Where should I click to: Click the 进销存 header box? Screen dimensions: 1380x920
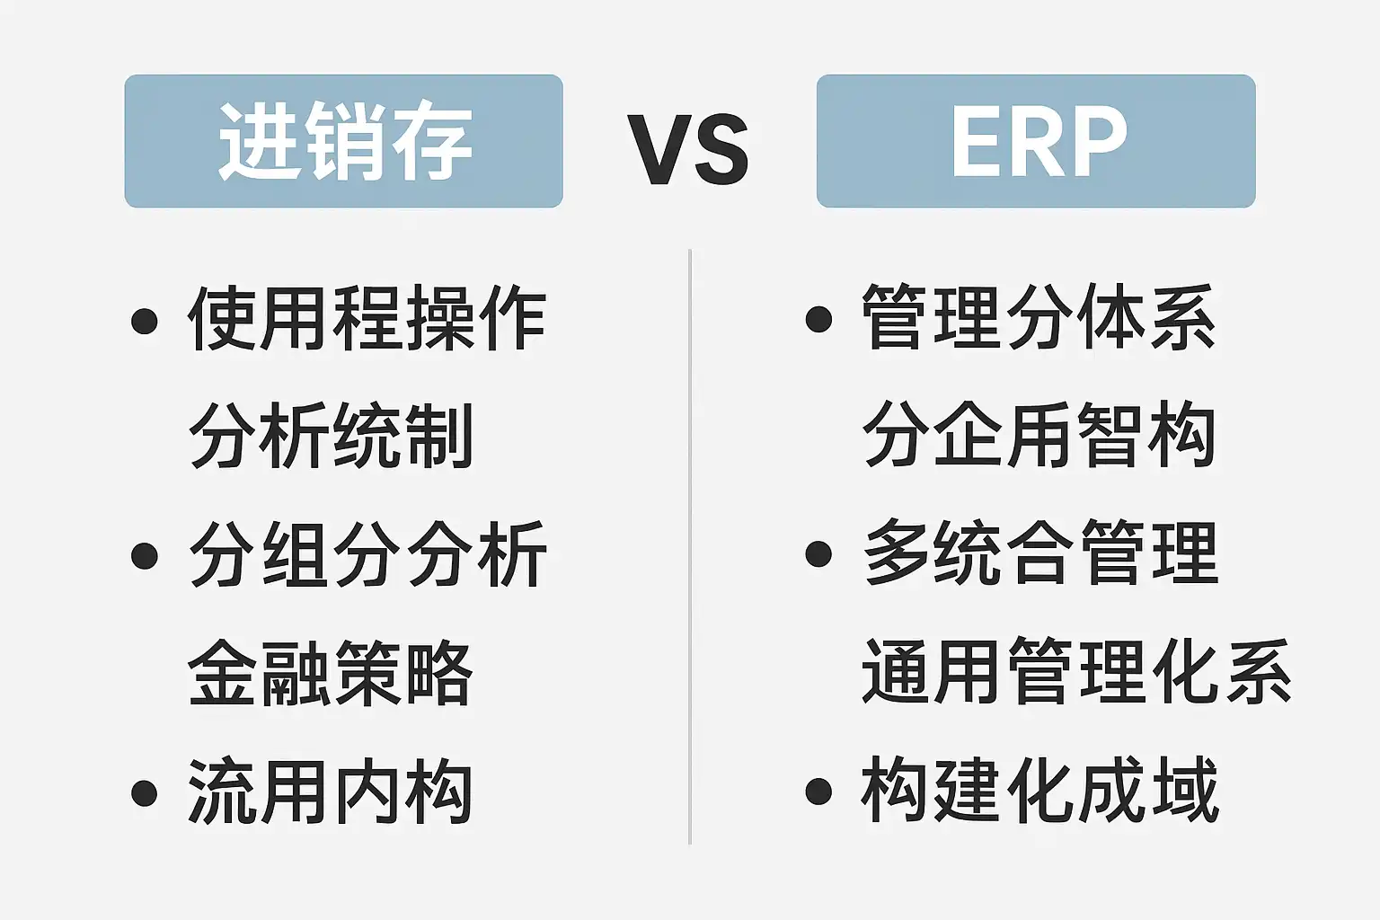point(344,141)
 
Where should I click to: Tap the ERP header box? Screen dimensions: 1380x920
point(1036,141)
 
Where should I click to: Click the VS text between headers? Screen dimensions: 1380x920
point(688,149)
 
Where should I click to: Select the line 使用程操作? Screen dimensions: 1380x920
point(367,318)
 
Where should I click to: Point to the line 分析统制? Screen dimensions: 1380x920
point(331,436)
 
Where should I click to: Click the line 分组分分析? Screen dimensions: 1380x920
point(367,554)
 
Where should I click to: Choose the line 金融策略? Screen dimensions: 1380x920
point(331,672)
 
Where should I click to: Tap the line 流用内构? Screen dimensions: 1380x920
point(331,791)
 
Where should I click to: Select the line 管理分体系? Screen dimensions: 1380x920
point(1039,316)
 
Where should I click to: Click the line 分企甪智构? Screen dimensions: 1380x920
point(1039,434)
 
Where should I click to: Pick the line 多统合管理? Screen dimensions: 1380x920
point(1040,552)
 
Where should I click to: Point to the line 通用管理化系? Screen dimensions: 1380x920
point(1076,670)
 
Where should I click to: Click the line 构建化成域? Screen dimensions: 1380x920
point(1039,789)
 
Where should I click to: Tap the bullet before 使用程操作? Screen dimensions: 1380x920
point(144,321)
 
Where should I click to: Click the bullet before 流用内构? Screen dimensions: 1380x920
point(144,793)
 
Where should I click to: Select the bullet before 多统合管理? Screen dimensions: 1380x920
point(818,553)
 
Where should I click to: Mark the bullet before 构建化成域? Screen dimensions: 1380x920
point(818,792)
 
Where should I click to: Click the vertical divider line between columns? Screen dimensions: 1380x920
point(690,546)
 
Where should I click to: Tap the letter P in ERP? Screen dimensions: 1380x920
point(1098,141)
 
